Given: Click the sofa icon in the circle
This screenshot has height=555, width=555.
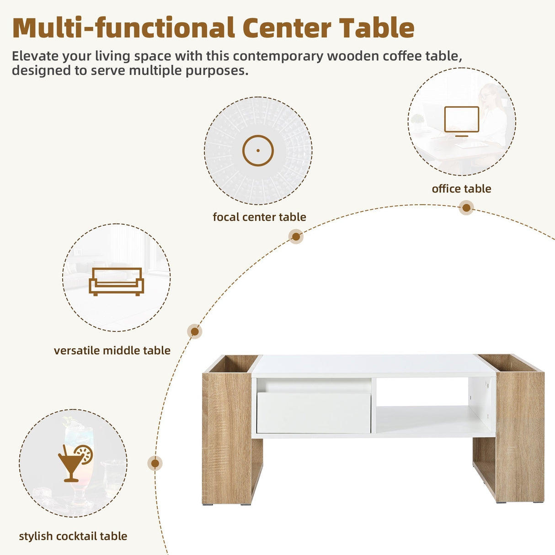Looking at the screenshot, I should tap(116, 281).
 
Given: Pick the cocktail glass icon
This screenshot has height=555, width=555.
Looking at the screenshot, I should tap(75, 462).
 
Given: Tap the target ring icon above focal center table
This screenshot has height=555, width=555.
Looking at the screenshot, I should tap(258, 150).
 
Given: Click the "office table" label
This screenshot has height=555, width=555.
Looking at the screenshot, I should tap(461, 189).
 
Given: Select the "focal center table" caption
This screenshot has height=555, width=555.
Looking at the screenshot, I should tap(259, 217).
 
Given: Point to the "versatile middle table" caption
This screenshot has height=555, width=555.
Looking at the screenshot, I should tap(112, 351).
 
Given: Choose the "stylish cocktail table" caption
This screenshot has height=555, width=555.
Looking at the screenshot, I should tap(73, 536).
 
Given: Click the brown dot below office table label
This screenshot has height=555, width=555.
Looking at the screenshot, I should tap(466, 208).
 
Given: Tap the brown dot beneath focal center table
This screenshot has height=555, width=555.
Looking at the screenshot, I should tap(296, 236).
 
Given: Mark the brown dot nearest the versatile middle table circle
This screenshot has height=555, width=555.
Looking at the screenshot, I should tap(195, 331).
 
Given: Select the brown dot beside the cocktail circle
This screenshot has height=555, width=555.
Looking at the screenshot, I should tap(155, 464).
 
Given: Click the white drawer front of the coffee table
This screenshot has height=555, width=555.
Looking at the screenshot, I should tap(313, 413).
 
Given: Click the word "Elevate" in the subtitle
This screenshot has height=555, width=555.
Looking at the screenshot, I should tap(35, 56).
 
